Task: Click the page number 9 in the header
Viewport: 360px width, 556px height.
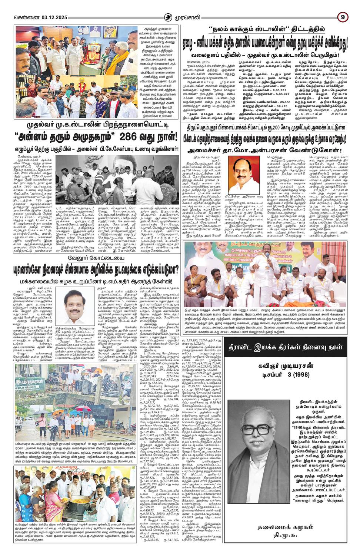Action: [x=343, y=17]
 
